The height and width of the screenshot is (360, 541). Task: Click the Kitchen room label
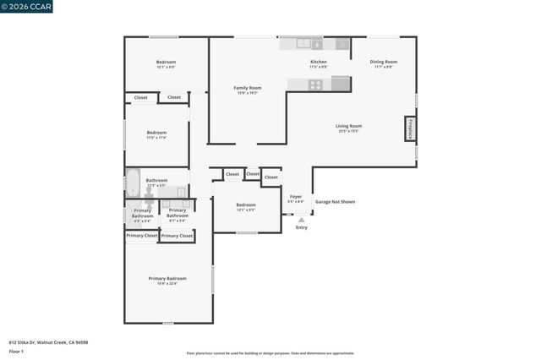tap(318, 62)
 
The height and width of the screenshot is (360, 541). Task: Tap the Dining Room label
tap(385, 62)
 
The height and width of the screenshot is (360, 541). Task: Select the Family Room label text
tap(248, 88)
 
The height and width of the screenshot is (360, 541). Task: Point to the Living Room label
tap(349, 126)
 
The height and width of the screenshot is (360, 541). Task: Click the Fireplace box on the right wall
tap(410, 129)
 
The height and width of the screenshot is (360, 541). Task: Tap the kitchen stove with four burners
tap(316, 84)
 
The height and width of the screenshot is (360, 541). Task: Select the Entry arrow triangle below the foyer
tap(302, 220)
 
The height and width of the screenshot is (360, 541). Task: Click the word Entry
tap(302, 227)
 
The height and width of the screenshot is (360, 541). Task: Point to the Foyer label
tap(296, 196)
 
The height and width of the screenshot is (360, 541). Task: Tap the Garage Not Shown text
tap(335, 202)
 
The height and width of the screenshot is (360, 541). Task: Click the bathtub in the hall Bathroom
tap(134, 183)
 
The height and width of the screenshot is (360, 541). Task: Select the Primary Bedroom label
tap(167, 278)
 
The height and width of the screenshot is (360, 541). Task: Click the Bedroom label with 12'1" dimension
tap(246, 205)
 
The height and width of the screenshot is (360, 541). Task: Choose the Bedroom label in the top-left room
tap(166, 62)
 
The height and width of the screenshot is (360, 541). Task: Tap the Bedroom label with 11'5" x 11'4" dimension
tap(156, 132)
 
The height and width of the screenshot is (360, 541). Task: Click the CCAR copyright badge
tap(25, 6)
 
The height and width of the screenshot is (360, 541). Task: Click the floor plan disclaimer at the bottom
tap(270, 353)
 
